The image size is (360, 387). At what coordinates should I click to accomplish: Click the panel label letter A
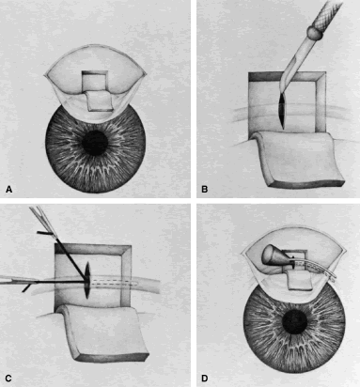point(9,189)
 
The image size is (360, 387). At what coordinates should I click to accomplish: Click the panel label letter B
point(205,189)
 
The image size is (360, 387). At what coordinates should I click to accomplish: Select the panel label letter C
point(8,379)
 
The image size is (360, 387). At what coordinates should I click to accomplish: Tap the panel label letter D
point(205,379)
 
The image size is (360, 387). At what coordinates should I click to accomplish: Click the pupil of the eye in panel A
point(95,143)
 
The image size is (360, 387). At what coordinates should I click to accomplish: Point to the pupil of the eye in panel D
point(295,323)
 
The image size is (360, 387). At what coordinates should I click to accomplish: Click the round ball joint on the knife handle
point(315,32)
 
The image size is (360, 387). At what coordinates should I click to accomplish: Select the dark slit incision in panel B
point(283,111)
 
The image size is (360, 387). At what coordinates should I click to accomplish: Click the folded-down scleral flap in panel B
point(299,160)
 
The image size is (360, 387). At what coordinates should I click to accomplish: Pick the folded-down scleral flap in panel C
point(104,333)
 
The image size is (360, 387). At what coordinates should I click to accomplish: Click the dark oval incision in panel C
point(87,280)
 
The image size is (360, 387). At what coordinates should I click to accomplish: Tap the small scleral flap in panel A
point(99,101)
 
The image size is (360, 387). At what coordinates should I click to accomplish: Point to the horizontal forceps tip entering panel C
point(19,281)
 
